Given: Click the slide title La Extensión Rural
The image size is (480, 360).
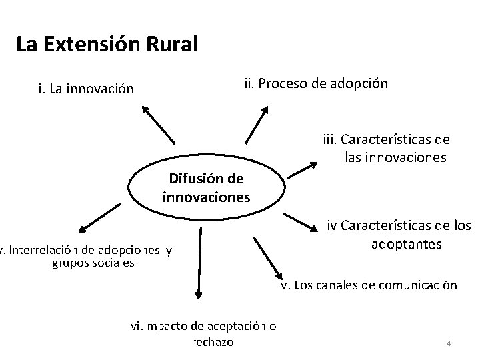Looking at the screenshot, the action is click(x=107, y=45).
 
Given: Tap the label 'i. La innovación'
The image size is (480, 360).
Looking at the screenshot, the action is click(x=86, y=88).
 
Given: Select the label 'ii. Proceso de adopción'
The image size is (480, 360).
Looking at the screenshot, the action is click(x=314, y=84).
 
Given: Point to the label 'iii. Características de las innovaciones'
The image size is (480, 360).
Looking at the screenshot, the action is click(x=387, y=149).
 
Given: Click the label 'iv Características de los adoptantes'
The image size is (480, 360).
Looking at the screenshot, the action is click(x=398, y=234).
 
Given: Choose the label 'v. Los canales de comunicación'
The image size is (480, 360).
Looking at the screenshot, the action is click(x=368, y=285).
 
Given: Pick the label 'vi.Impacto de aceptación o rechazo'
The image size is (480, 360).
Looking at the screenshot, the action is click(x=203, y=333).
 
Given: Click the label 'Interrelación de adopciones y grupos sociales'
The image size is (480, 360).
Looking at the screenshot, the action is click(x=87, y=257).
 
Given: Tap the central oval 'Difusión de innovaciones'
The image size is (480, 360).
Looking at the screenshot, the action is click(x=206, y=188).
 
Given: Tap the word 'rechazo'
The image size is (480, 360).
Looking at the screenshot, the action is click(x=212, y=342).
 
